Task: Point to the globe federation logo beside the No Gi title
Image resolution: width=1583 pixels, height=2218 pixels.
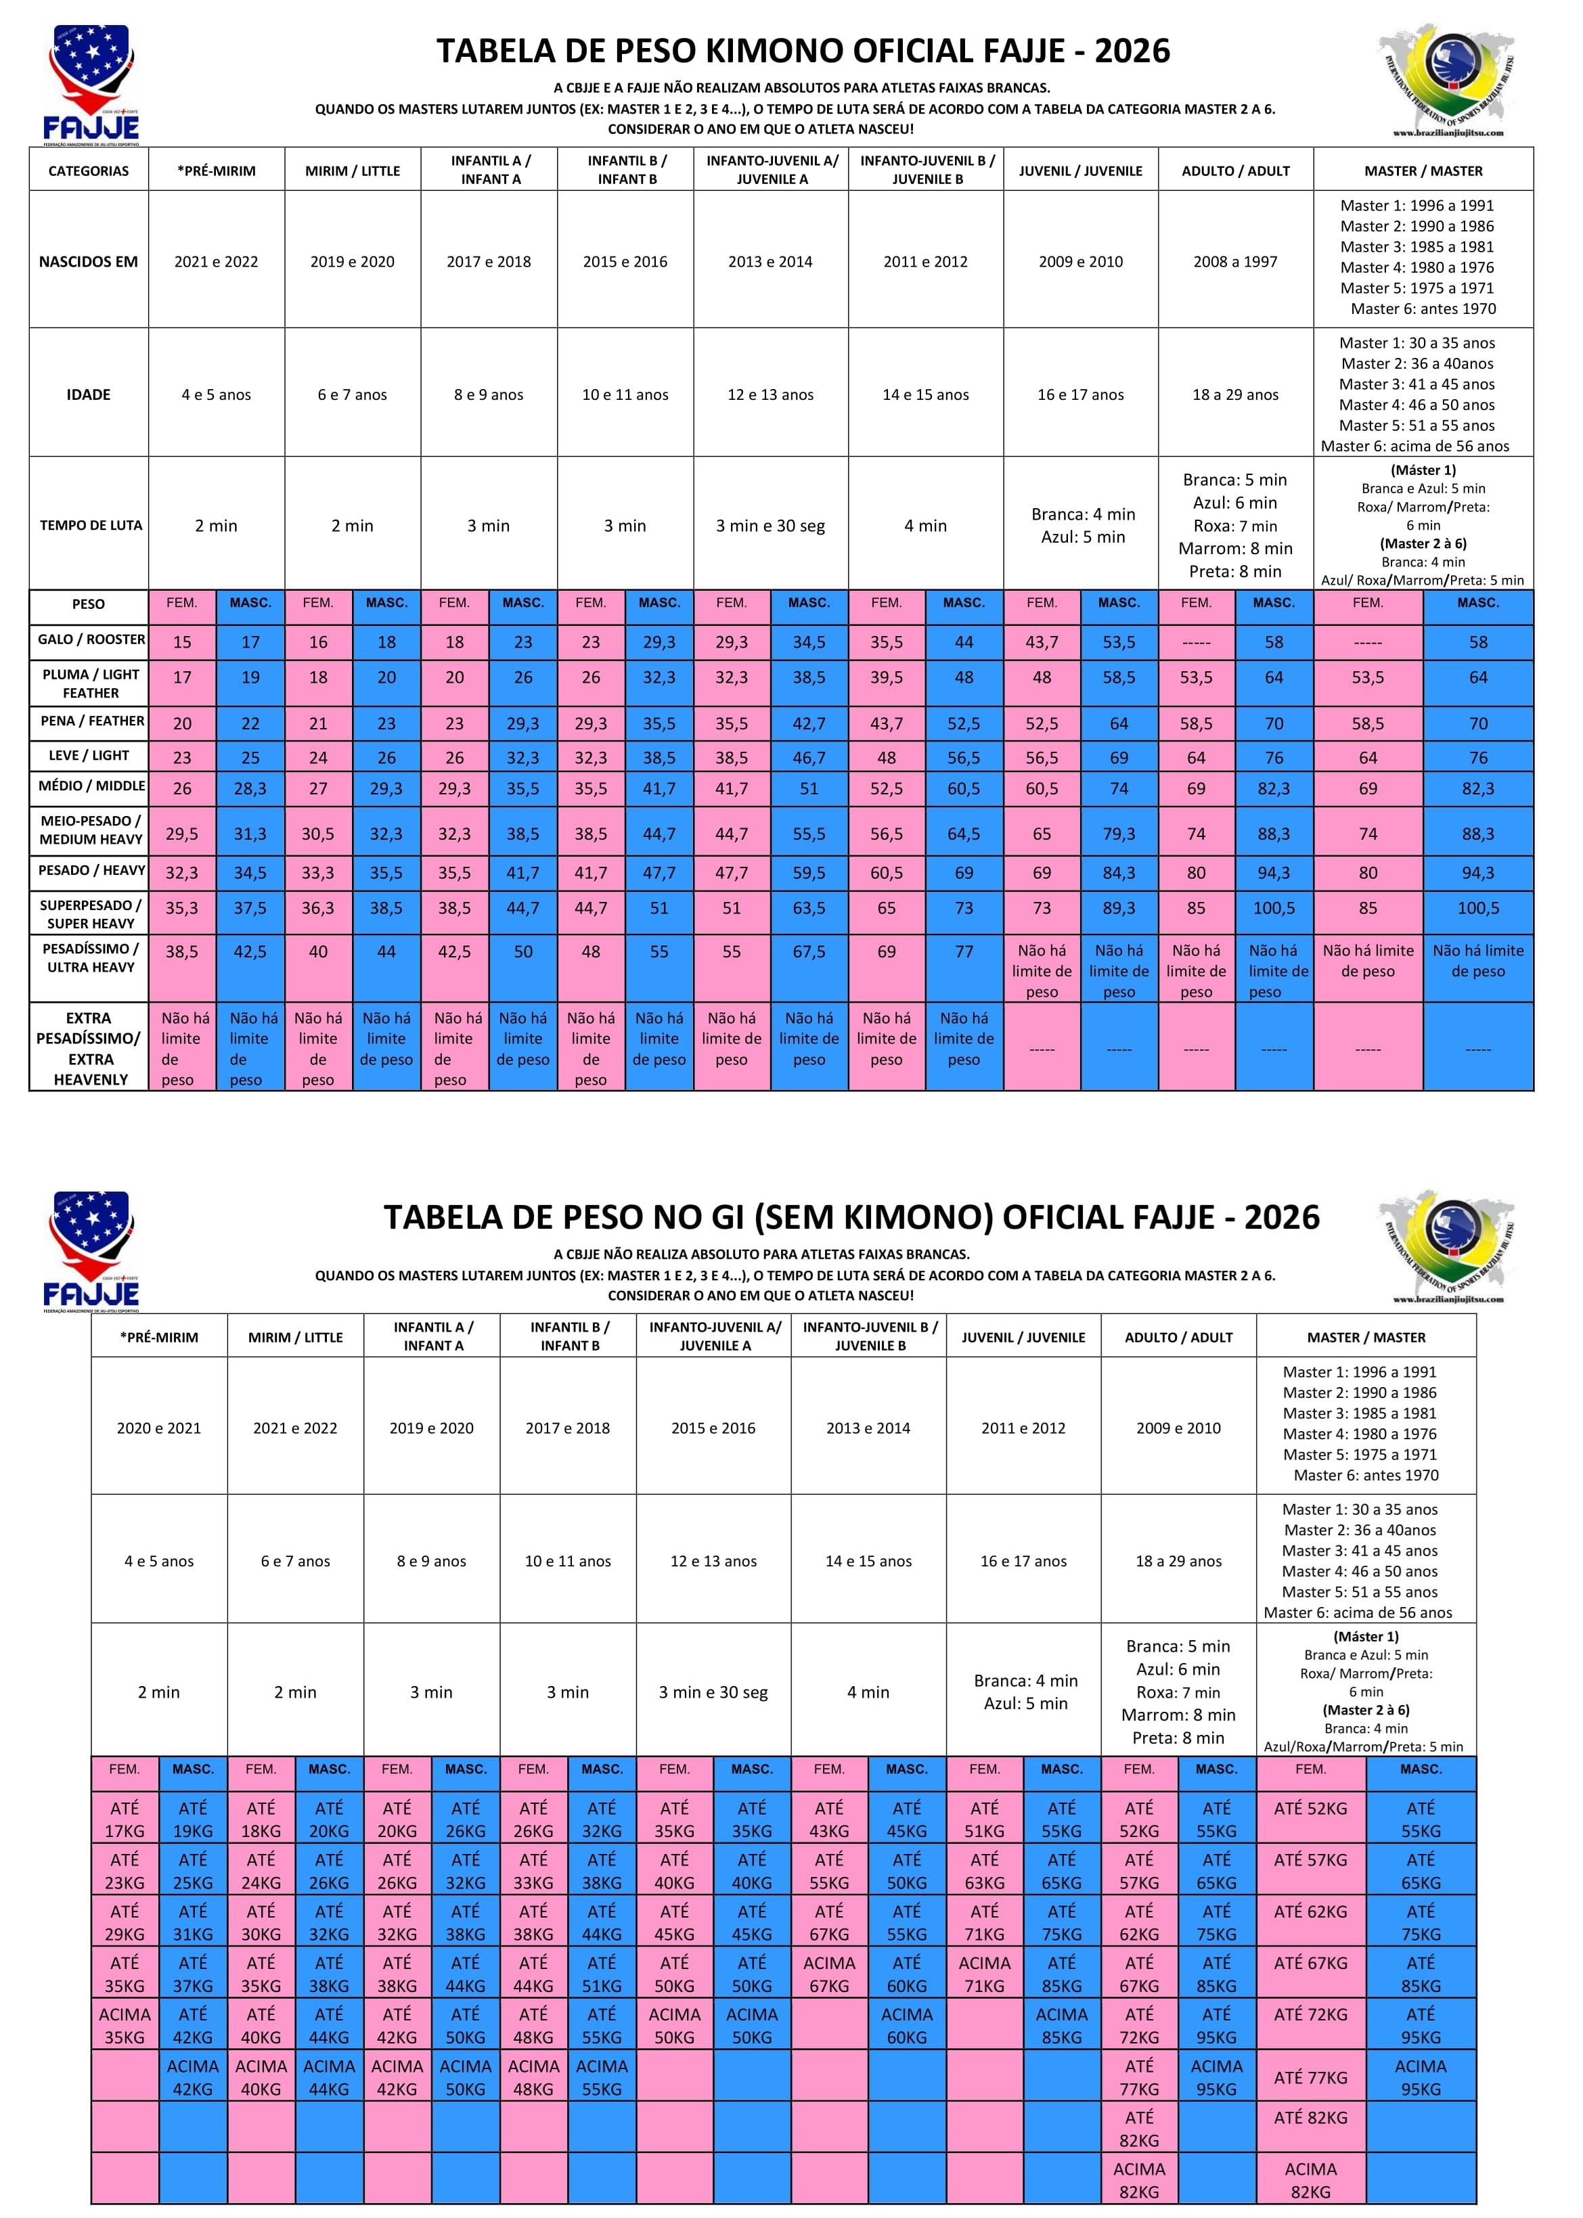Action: (1446, 1248)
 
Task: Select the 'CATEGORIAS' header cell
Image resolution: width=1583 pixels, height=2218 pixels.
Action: (89, 171)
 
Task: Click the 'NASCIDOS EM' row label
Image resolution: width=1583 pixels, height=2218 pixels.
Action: (89, 261)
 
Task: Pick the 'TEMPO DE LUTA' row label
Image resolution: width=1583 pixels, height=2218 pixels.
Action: (90, 525)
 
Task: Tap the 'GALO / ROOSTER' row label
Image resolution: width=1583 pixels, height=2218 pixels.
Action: (91, 639)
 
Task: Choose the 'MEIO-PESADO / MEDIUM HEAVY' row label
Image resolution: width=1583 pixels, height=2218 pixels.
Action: (91, 830)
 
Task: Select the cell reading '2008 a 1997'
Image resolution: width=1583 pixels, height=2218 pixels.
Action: (1235, 261)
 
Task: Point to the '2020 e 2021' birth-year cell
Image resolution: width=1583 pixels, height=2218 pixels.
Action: (159, 1428)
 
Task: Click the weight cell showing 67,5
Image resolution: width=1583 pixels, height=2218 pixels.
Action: (808, 951)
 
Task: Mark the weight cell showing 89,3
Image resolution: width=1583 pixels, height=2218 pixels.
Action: (1118, 908)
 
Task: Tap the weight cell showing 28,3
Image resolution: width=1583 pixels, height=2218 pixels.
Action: (250, 788)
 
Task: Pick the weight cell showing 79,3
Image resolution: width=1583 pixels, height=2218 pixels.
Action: (1118, 834)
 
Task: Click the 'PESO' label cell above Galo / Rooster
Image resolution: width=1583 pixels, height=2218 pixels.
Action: (89, 604)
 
